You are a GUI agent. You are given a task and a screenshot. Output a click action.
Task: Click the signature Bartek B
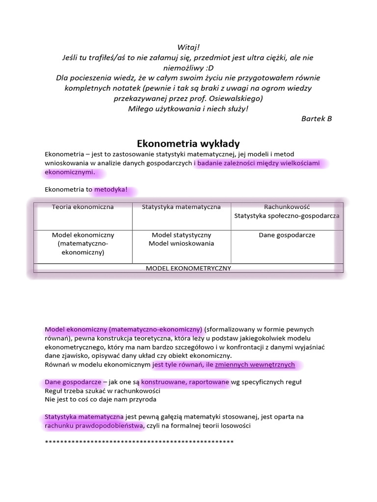[317, 119]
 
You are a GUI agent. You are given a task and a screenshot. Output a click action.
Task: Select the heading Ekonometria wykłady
[188, 144]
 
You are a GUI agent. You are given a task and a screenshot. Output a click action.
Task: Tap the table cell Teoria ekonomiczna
[83, 207]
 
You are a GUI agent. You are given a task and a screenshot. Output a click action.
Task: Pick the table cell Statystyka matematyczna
[181, 207]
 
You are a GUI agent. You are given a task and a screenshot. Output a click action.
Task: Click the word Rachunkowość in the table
[287, 207]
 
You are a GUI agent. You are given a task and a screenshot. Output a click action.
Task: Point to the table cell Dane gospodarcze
[287, 235]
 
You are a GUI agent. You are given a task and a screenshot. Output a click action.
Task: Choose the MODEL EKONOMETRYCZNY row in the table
[188, 268]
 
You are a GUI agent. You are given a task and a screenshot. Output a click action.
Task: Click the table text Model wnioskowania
[181, 244]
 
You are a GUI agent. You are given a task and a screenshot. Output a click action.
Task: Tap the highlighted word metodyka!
[111, 189]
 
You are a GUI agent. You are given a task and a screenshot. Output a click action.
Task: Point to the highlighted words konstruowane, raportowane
[185, 382]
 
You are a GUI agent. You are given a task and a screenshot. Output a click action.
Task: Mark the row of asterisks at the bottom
[139, 443]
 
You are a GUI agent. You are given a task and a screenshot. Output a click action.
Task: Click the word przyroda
[142, 400]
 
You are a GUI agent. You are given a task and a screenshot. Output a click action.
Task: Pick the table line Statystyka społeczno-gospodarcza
[287, 215]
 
